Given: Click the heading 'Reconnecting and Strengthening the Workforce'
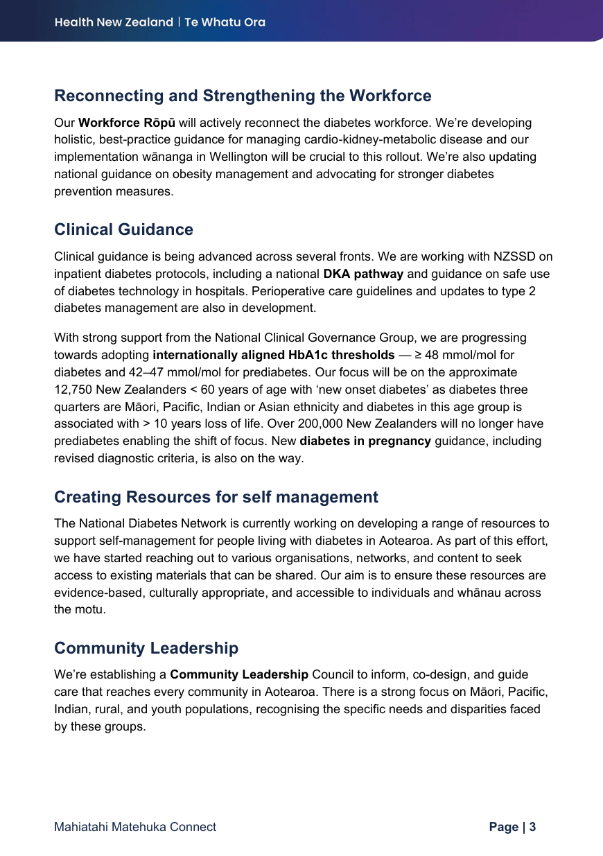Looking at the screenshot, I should [x=243, y=96].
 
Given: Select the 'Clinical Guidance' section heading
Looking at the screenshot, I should [x=123, y=229].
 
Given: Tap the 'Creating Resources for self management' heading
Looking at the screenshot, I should [x=216, y=497].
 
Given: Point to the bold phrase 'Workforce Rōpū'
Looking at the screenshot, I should [x=127, y=123].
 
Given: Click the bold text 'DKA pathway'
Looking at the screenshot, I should [x=363, y=274].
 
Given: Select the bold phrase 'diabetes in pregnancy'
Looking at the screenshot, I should [x=365, y=442].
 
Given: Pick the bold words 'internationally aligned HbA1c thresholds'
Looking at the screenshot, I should [x=274, y=356].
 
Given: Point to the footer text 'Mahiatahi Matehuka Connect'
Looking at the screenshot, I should [x=135, y=827].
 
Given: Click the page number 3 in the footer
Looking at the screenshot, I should [x=532, y=827].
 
